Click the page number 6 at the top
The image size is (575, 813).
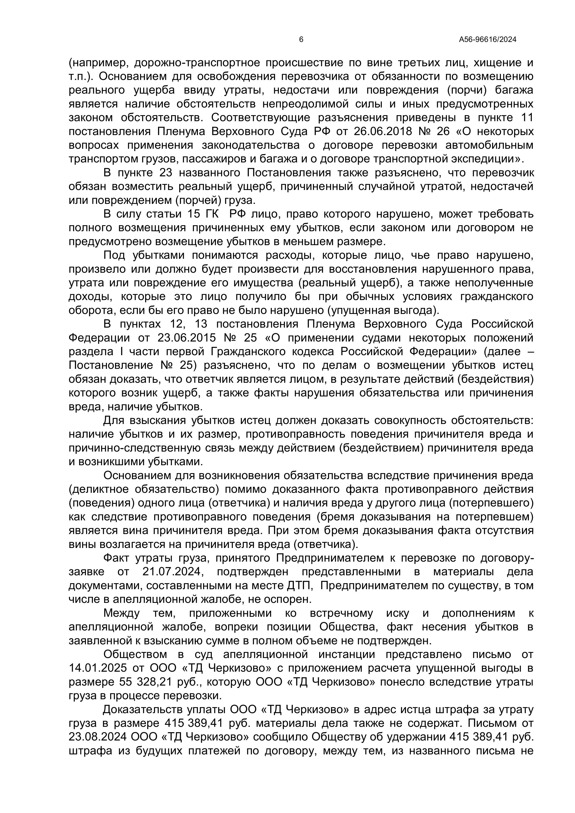click(301, 40)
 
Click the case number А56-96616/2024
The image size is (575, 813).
click(487, 40)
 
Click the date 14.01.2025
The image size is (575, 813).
click(98, 668)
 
